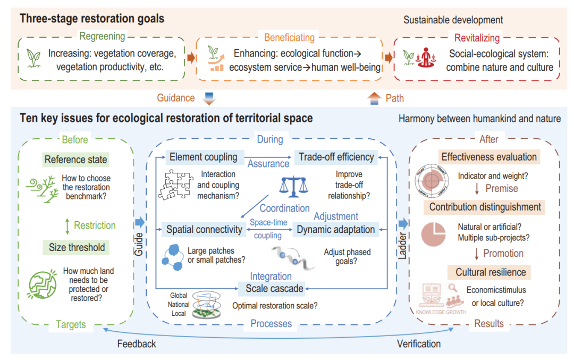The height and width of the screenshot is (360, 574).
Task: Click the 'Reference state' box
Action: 75,160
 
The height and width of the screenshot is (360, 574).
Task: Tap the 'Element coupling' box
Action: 203,157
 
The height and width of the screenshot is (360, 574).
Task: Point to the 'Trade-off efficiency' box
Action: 336,157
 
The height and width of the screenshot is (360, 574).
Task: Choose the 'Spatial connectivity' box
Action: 204,230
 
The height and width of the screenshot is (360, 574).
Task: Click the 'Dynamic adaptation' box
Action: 336,230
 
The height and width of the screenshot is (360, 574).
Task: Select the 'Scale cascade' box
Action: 274,289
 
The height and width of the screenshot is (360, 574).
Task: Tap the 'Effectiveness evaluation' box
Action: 489,157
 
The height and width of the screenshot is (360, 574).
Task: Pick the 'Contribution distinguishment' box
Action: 485,207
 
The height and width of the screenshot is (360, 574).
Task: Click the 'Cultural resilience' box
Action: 491,272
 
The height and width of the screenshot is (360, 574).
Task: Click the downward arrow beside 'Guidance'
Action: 208,98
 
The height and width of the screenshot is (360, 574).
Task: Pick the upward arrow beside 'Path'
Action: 374,98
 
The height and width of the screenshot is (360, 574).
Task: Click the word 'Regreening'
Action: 102,37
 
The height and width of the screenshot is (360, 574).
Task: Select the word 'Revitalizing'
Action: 477,38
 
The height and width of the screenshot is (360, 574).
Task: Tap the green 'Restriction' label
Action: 95,225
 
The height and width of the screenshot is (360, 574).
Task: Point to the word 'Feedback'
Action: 137,344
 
